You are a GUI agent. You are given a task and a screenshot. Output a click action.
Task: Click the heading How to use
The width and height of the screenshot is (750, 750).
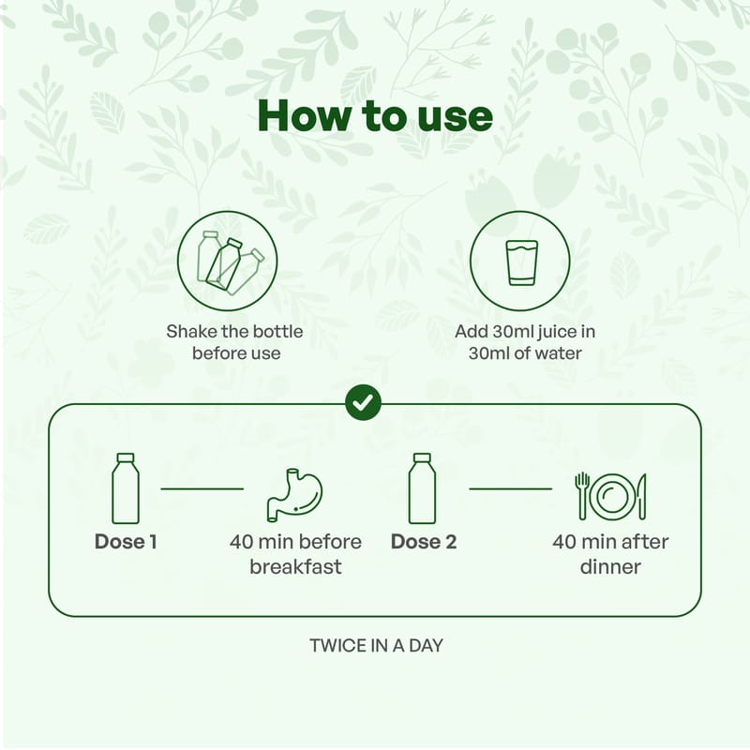[x=375, y=116]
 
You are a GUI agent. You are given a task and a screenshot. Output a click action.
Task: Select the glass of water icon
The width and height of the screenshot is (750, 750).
[x=520, y=262]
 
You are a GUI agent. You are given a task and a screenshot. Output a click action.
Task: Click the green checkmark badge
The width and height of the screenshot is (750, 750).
[x=364, y=403]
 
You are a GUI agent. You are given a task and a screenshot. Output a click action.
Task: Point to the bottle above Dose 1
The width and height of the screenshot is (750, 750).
[x=126, y=488]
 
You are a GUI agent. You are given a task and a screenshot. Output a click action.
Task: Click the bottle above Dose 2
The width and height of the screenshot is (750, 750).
[x=423, y=488]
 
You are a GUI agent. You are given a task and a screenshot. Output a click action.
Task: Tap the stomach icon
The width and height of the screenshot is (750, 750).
[x=294, y=495]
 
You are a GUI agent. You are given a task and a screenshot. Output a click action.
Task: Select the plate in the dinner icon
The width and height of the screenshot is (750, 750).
[x=611, y=497]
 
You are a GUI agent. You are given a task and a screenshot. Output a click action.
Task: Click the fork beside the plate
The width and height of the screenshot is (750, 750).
[x=581, y=496]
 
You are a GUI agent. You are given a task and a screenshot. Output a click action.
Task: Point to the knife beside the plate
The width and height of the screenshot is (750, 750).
[x=642, y=496]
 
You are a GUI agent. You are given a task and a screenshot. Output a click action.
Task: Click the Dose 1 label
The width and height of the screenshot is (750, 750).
[x=126, y=542]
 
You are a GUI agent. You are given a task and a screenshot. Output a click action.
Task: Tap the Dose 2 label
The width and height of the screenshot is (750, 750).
[x=424, y=542]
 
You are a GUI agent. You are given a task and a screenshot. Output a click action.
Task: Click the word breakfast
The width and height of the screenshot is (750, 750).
[x=295, y=567]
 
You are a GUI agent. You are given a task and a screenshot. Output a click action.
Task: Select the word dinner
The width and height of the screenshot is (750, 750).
[x=610, y=567]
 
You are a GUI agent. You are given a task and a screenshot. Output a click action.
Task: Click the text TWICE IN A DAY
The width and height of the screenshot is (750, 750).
[x=377, y=646]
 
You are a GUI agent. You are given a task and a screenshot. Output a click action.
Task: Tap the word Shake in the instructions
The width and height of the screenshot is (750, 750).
[x=190, y=332]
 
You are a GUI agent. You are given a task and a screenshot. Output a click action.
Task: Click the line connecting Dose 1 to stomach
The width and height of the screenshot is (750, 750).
[x=202, y=488]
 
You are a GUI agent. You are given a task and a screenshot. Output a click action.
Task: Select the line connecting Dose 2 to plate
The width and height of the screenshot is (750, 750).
[x=510, y=488]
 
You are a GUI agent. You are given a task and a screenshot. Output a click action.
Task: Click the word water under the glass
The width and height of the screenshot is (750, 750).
[x=558, y=353]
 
